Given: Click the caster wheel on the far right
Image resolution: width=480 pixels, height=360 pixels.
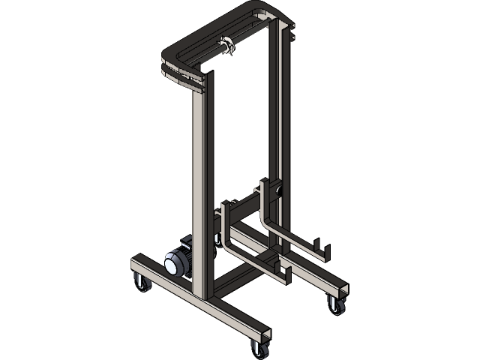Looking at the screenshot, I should (334, 304).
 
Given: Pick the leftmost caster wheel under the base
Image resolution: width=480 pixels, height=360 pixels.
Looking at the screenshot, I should (141, 283).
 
